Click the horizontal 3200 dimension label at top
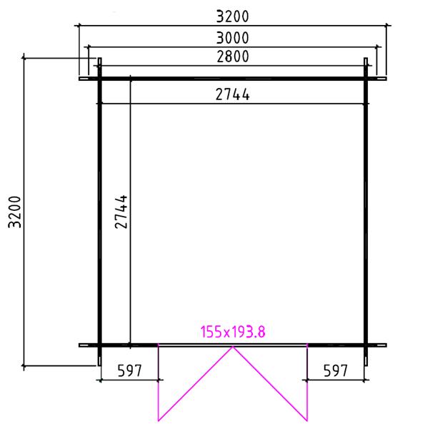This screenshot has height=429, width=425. tap(233, 16)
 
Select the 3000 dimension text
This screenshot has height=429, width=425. tap(233, 38)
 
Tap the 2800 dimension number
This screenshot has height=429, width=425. tap(233, 56)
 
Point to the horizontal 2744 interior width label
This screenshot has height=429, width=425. tap(233, 94)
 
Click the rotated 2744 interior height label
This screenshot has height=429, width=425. tap(121, 212)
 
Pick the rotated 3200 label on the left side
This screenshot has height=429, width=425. tap(15, 212)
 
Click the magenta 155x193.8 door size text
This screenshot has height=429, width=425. tap(233, 332)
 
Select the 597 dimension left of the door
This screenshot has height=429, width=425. tap(129, 371)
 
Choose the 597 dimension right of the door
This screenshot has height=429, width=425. tap(335, 371)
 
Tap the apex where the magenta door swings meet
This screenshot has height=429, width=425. tap(233, 347)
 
